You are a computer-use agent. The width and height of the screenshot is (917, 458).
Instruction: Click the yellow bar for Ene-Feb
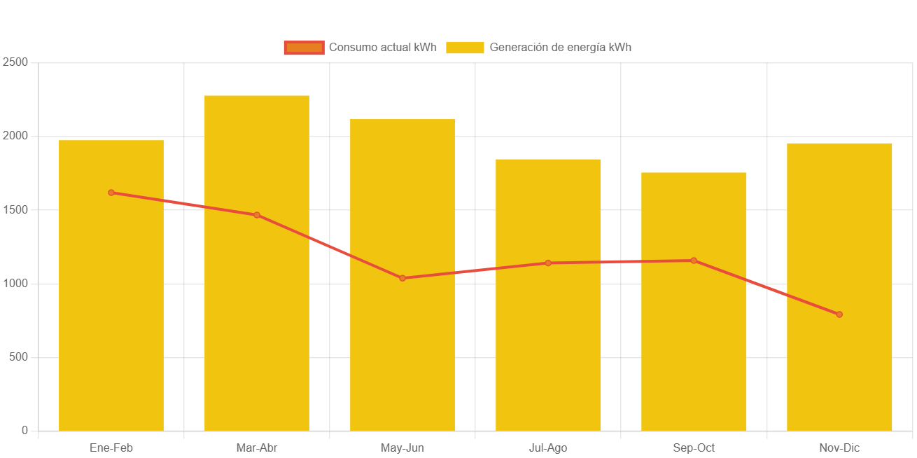[111, 315]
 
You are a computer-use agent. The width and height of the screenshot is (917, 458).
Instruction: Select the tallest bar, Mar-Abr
[257, 315]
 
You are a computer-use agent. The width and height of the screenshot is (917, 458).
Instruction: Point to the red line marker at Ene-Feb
[111, 193]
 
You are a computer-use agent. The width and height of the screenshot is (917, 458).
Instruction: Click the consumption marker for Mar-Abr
[257, 215]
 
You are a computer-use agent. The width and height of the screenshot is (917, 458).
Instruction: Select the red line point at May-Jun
[402, 278]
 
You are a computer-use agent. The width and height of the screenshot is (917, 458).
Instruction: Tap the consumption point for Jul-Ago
[548, 263]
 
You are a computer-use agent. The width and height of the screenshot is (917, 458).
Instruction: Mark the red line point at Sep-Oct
[694, 261]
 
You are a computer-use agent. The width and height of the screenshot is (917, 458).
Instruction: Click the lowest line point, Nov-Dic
[839, 314]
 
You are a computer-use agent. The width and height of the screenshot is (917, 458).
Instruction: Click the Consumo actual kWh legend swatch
[304, 48]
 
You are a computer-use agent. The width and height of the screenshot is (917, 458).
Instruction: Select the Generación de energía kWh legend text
[560, 48]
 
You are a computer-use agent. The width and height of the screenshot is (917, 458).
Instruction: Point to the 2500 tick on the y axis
[15, 62]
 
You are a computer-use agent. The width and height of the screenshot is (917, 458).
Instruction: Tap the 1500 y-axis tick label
[15, 209]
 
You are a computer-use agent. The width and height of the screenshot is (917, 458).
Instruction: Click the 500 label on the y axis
[18, 357]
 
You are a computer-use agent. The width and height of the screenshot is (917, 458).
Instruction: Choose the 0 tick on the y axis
[24, 430]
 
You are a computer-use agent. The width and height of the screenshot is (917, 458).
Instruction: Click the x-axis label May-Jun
[402, 448]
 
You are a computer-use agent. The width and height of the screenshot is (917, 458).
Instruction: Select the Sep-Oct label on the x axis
[694, 448]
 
